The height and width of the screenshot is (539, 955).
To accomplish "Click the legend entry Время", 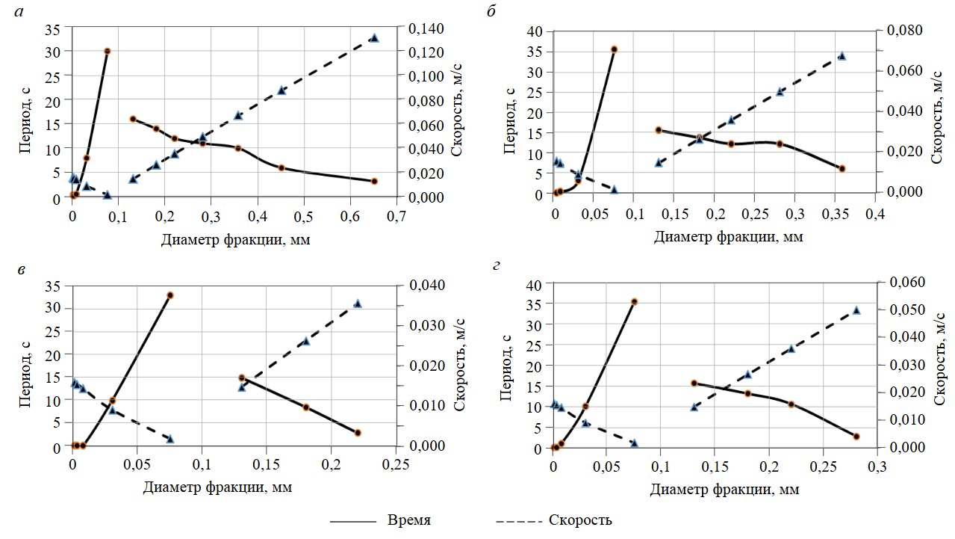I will [x=409, y=520].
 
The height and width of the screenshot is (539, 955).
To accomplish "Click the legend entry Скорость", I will [x=580, y=520].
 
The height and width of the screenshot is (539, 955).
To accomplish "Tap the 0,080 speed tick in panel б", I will [x=902, y=31].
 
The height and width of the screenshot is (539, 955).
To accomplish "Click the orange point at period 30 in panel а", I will [x=108, y=51].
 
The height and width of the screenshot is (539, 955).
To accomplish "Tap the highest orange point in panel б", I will [x=614, y=49].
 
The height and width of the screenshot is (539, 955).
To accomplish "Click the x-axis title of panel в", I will [x=216, y=487].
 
